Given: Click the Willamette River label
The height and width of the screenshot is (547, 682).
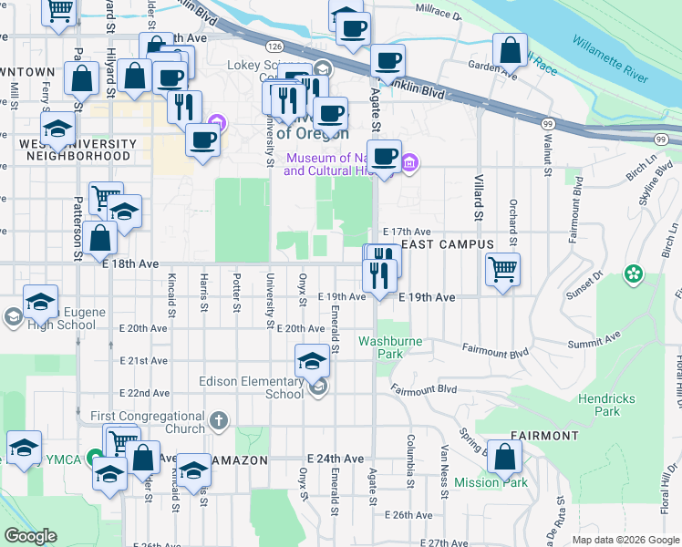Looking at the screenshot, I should point(610,58).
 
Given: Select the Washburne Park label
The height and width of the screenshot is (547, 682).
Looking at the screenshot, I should point(393,346).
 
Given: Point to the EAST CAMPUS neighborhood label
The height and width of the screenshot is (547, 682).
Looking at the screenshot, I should point(448,244).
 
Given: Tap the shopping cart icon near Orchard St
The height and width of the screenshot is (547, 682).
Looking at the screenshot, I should point(502,270).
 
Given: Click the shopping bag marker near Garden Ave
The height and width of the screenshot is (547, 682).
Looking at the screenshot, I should point(511,50).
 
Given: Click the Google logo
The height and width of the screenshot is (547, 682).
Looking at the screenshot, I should point(31,535).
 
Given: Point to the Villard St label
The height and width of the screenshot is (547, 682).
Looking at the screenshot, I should point(477,201).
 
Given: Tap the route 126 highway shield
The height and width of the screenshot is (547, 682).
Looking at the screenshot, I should point(274,45).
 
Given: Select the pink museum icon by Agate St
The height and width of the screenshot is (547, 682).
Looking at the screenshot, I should point(410,164).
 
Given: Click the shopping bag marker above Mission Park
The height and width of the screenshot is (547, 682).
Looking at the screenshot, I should point(505,456).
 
